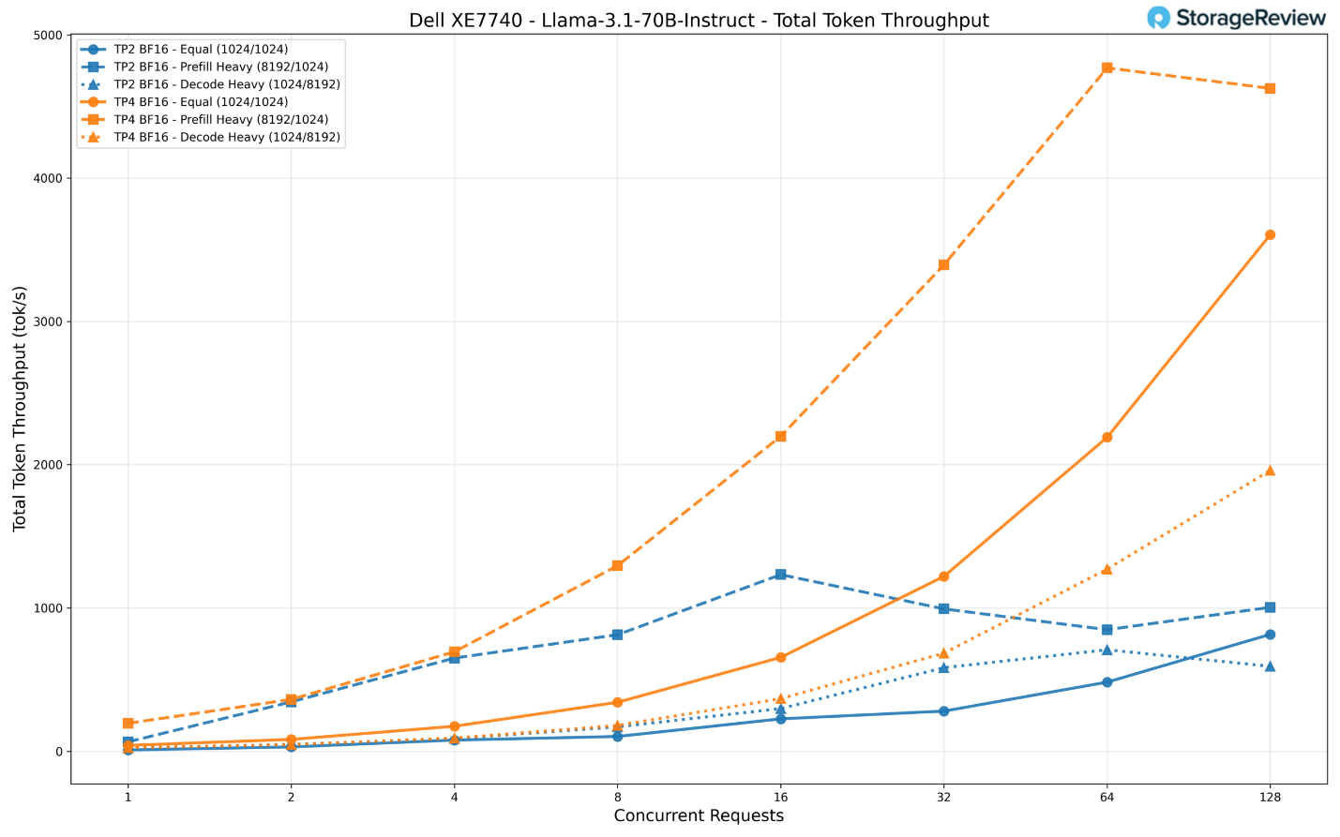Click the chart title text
[x=699, y=20]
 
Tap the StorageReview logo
[x=1236, y=18]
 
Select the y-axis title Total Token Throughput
[x=20, y=409]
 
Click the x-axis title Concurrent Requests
[x=699, y=815]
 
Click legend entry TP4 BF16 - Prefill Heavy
[x=220, y=119]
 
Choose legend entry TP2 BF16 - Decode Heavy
[x=226, y=83]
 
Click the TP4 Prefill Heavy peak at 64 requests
[x=1107, y=67]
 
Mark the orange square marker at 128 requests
[x=1270, y=88]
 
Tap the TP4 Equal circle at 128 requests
[x=1270, y=234]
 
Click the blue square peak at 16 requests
[x=780, y=575]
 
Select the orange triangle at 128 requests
[x=1270, y=471]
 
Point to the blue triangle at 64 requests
[x=1107, y=650]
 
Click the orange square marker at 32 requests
[x=943, y=264]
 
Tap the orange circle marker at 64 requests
[x=1107, y=437]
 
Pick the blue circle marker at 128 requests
[x=1270, y=635]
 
